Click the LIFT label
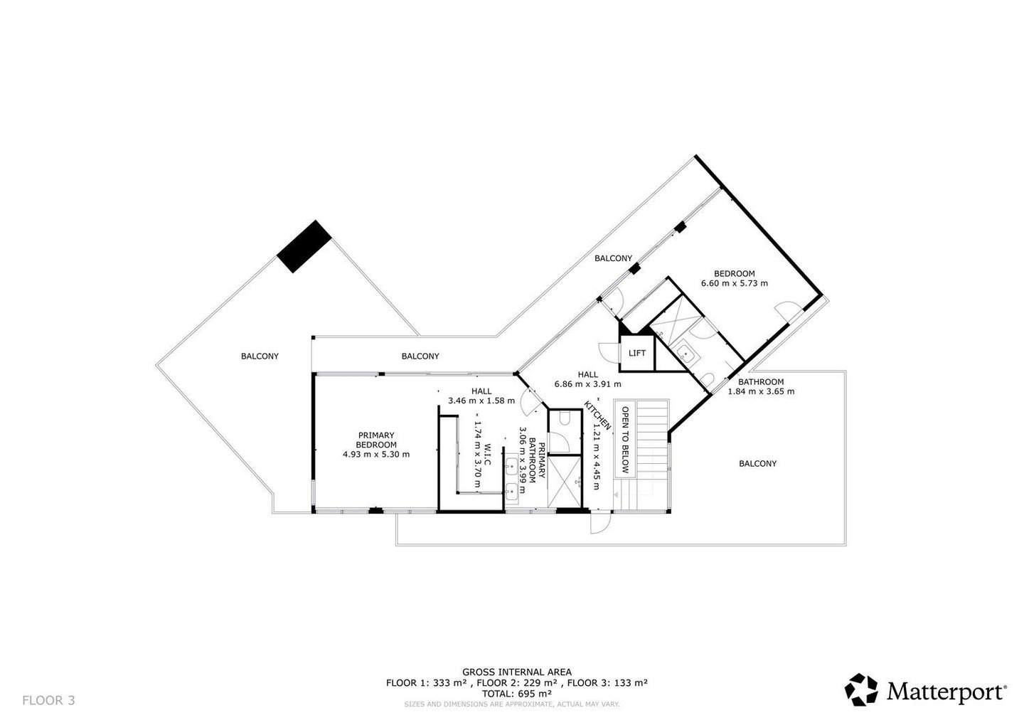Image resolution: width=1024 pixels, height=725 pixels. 637,353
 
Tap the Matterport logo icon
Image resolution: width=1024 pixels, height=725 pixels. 861,689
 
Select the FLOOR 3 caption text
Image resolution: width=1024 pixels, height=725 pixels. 48,700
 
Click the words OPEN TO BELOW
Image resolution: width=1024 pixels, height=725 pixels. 625,440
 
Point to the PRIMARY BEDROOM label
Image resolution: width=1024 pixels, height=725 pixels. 376,440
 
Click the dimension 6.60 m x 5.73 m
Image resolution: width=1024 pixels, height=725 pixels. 734,283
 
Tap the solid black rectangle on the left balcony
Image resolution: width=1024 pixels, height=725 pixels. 304,247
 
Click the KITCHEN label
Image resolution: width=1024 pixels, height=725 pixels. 597,416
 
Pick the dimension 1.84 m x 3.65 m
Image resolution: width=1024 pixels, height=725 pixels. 761,391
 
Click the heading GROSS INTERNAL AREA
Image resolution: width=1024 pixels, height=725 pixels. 516,672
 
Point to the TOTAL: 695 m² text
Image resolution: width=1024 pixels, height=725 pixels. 516,694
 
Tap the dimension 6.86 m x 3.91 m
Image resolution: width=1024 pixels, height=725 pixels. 587,384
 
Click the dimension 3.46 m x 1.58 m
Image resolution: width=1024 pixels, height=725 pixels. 481,401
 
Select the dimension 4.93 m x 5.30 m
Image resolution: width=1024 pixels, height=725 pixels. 376,454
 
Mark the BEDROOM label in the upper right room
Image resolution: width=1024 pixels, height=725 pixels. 734,273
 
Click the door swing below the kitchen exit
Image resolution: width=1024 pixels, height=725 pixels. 600,523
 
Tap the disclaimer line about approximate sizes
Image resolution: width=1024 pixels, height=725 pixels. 511,704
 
